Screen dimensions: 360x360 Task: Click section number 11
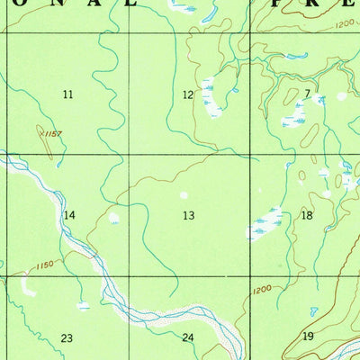coord(67,94)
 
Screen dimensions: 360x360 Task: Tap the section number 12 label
coord(188,94)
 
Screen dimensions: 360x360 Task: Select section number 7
coord(307,93)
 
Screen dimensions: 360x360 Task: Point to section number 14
coord(69,215)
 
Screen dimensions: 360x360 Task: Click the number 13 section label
coord(188,215)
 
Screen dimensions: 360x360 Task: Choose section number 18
coord(307,215)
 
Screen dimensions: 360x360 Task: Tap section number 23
coord(67,337)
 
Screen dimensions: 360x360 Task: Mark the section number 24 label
coord(187,337)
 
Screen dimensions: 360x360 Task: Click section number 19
coord(308,336)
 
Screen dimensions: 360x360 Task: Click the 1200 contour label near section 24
coord(261,289)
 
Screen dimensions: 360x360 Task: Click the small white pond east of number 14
coord(114,217)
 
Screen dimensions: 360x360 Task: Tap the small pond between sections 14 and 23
coord(83,306)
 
